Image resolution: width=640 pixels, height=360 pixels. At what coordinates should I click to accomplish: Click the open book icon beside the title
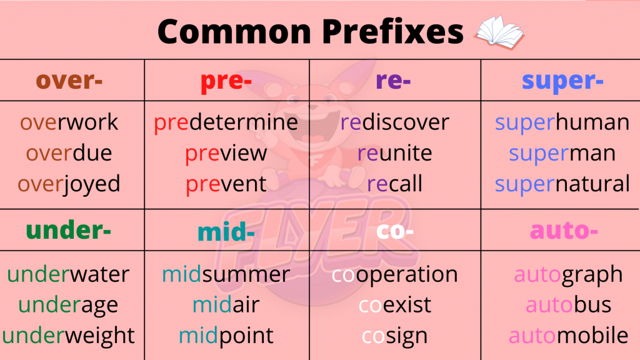pos(499,32)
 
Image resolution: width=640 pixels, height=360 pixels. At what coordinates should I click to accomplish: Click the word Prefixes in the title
pos(392,31)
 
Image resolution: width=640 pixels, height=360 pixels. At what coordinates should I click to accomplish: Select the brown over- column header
pos(69,81)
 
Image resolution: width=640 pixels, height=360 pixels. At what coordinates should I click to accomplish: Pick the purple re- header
pos(393,81)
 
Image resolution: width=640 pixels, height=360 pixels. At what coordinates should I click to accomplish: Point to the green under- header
pos(68,230)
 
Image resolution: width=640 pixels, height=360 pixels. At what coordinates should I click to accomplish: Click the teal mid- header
pos(226,231)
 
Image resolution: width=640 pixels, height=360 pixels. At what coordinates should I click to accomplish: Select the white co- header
pos(395,231)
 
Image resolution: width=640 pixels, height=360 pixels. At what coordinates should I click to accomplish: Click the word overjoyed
pos(69,184)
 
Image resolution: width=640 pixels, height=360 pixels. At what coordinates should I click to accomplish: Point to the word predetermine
pos(226,123)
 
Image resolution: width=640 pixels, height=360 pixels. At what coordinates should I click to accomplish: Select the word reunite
pos(395,153)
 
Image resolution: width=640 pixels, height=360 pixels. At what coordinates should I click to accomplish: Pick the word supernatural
pos(562,184)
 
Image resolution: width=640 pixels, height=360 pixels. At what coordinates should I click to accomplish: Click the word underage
pos(68,305)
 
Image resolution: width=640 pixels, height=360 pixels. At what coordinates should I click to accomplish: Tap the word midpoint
pos(226,336)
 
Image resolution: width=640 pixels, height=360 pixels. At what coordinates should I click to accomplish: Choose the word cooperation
pos(395,275)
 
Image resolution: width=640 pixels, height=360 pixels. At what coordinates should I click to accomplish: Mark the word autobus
pos(568,305)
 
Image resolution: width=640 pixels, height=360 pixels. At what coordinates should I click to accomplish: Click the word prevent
pos(226,184)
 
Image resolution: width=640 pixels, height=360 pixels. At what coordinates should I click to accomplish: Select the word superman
pos(562,154)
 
